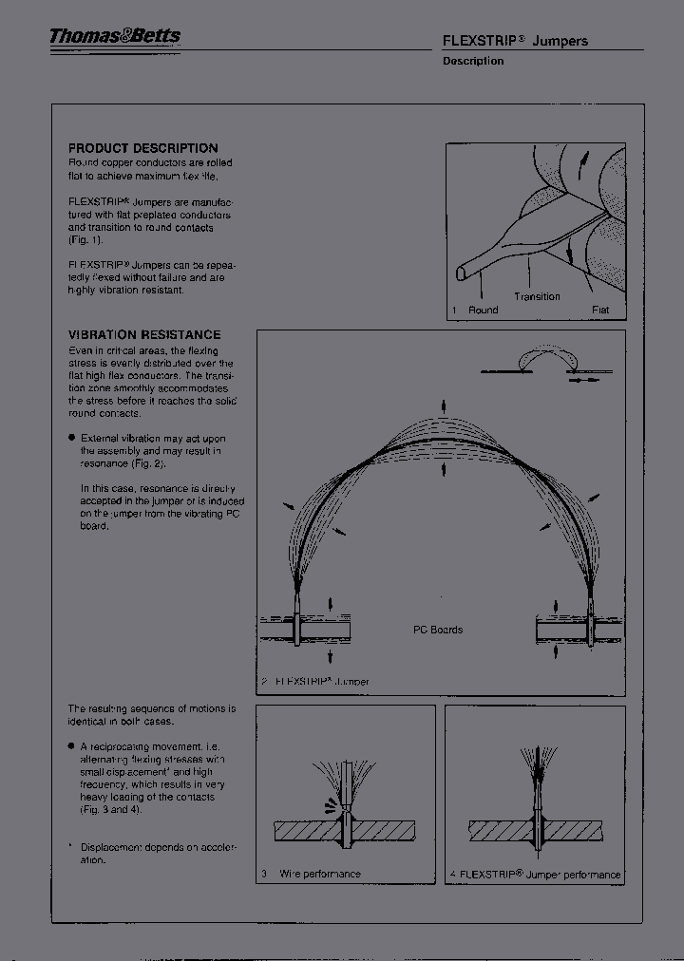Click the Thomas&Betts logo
[x=115, y=37]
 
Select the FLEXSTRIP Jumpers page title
[x=515, y=41]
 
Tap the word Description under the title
[x=473, y=61]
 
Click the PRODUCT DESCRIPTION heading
[x=142, y=148]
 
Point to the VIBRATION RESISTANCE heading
[x=144, y=335]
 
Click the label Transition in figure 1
[x=537, y=296]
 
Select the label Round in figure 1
[x=483, y=311]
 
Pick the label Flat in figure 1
[x=600, y=311]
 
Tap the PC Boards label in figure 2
[x=438, y=630]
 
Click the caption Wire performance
[x=319, y=874]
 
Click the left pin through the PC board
[x=297, y=622]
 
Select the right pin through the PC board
[x=590, y=622]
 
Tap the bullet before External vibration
[x=72, y=438]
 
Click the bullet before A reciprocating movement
[x=72, y=746]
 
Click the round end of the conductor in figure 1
[x=461, y=273]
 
